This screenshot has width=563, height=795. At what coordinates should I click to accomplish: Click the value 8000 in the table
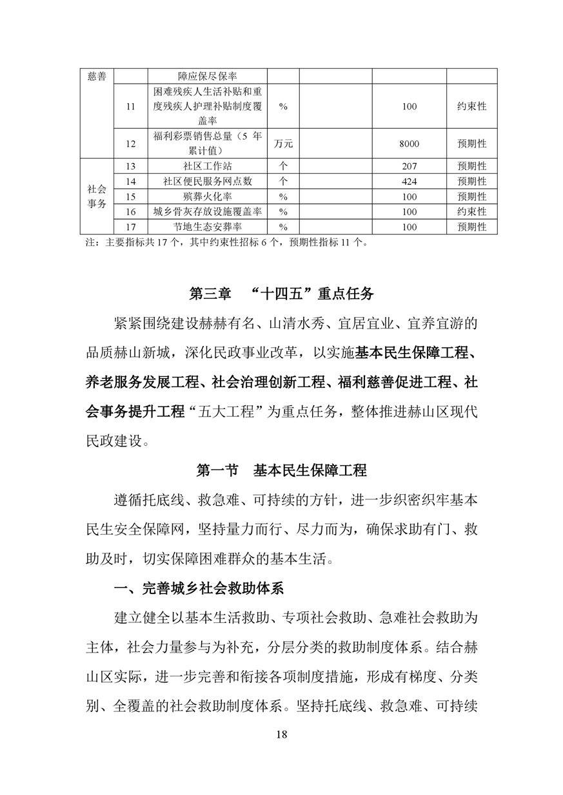tap(409, 144)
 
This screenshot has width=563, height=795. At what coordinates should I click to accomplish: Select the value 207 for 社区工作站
tap(409, 166)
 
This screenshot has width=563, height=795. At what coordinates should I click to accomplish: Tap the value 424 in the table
tap(409, 182)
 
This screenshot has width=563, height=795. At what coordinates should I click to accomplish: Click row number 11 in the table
tap(131, 106)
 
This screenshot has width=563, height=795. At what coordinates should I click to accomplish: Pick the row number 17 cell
tap(131, 227)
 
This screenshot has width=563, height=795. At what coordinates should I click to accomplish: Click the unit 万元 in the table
tap(283, 144)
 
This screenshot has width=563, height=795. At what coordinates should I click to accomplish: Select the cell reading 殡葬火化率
tap(207, 196)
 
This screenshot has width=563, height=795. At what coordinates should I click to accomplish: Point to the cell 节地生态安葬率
tap(207, 227)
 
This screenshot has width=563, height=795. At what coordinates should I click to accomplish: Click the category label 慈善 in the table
tap(97, 76)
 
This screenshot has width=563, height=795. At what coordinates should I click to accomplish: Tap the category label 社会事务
tap(97, 196)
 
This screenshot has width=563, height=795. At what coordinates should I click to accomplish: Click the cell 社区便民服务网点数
tap(207, 182)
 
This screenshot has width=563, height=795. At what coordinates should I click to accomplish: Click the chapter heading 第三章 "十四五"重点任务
tap(281, 294)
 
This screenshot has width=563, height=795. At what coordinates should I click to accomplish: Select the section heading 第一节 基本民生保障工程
tap(281, 471)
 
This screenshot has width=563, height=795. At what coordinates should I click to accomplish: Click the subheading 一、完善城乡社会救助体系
tap(199, 588)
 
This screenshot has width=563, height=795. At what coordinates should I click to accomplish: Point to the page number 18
tap(281, 735)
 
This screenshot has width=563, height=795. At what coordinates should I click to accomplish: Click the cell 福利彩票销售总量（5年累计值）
tap(207, 144)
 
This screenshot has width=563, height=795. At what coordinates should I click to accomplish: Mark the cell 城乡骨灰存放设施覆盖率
tap(207, 211)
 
